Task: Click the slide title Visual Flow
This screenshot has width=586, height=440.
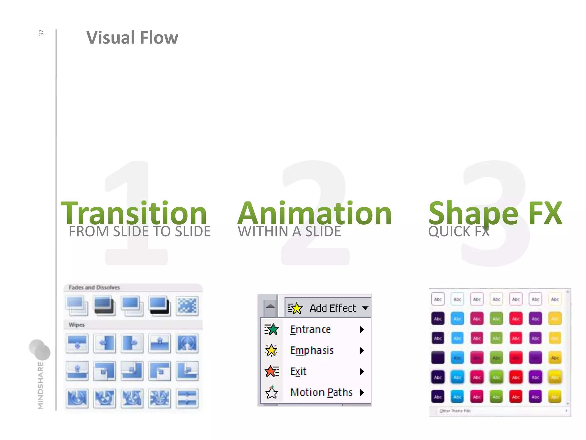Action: click(132, 38)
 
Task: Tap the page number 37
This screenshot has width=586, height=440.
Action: click(41, 33)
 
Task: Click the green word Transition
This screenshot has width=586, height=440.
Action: click(134, 213)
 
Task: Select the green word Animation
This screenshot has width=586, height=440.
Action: click(314, 213)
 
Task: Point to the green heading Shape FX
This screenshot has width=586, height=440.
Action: click(495, 213)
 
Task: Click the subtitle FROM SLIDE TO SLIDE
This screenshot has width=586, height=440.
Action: click(140, 231)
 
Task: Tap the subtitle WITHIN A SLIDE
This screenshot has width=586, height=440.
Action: click(289, 231)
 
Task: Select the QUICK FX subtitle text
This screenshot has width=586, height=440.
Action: click(459, 231)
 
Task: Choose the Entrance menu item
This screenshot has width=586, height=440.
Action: click(310, 329)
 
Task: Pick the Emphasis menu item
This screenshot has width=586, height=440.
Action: click(312, 350)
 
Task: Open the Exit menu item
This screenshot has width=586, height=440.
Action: click(298, 371)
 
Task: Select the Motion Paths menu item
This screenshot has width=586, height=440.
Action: click(321, 392)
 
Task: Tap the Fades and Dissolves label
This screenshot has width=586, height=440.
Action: click(94, 287)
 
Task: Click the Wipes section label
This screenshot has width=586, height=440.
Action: click(77, 325)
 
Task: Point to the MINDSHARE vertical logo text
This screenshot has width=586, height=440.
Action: click(41, 385)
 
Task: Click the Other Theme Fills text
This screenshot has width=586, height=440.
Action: click(455, 411)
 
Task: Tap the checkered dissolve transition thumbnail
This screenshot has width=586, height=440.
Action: click(187, 306)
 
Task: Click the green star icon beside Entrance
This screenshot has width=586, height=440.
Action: click(272, 329)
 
